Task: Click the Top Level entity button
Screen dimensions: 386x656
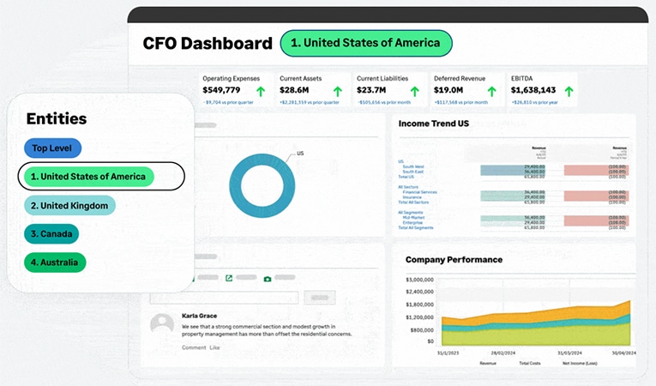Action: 52,148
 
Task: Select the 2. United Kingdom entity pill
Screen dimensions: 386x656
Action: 69,205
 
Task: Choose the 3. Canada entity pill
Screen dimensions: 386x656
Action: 51,234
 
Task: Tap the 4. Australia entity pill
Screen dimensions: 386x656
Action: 55,262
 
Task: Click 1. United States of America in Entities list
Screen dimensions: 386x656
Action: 89,177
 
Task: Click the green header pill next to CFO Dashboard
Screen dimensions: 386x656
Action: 365,43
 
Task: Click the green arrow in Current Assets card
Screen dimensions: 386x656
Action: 337,91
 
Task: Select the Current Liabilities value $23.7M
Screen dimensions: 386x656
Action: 374,90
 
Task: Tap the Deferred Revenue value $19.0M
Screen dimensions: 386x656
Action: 448,90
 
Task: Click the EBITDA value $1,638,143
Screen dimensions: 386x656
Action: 533,90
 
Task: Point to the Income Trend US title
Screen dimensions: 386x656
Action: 433,124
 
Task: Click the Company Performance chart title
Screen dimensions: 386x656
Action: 454,259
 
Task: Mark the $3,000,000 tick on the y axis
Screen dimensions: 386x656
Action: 423,280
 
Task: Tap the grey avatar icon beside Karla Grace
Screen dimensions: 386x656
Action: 162,324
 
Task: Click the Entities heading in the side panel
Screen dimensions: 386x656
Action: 57,119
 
